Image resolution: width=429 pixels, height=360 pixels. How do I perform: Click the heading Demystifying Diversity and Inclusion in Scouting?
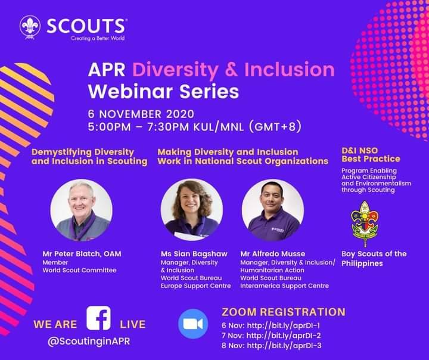click(x=89, y=157)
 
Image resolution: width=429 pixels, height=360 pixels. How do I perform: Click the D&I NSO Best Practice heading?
click(x=371, y=155)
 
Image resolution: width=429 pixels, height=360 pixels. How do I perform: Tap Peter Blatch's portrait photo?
click(x=81, y=210)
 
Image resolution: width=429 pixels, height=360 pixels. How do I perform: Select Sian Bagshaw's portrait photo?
click(x=192, y=210)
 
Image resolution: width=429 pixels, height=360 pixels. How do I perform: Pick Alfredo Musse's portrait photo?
click(x=273, y=210)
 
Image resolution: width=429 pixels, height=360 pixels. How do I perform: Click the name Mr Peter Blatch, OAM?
click(x=82, y=253)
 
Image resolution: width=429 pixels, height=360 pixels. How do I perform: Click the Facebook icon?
click(x=98, y=318)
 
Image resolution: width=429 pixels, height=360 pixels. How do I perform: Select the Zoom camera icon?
click(x=194, y=324)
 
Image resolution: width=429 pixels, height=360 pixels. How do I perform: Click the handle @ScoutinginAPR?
click(x=91, y=342)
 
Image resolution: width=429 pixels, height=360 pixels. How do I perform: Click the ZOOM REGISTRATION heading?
click(x=283, y=312)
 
